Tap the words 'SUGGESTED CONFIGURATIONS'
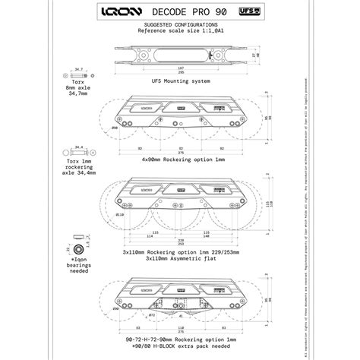click(x=180, y=26)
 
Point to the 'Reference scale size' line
click(x=180, y=32)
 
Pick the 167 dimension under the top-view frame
click(x=180, y=68)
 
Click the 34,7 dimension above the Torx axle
click(x=79, y=69)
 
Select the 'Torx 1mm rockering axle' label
click(x=78, y=166)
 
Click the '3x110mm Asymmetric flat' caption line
click(x=180, y=257)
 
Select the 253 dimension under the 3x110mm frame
click(x=180, y=245)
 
